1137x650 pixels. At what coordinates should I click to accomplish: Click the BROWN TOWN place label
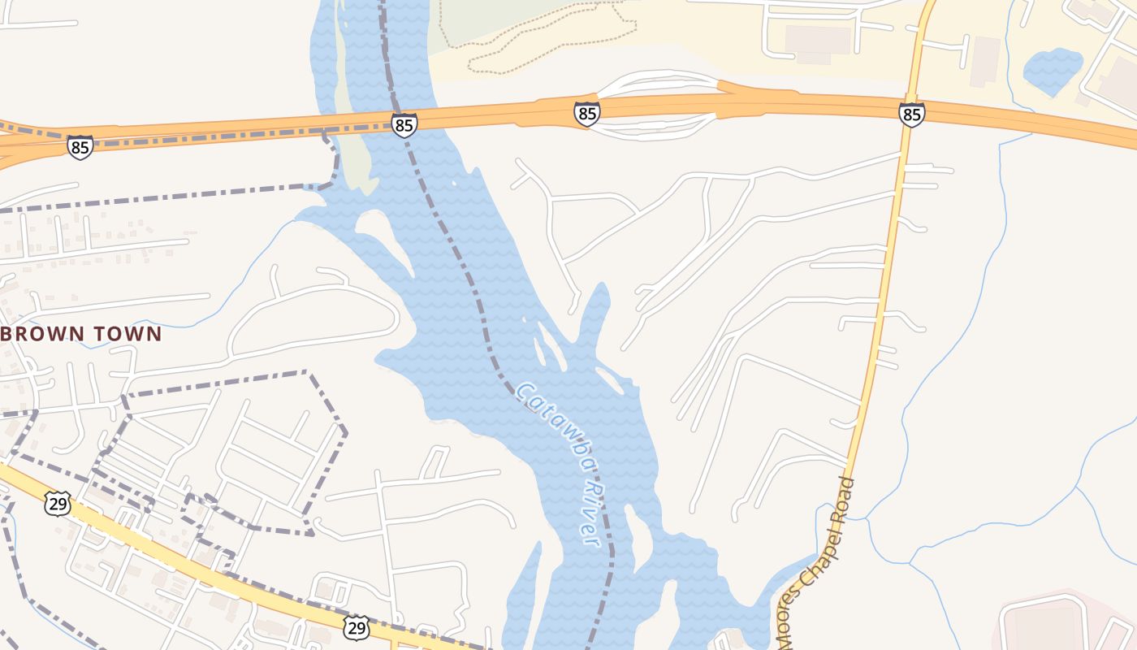click(x=81, y=334)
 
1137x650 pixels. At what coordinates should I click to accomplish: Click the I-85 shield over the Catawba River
click(x=404, y=125)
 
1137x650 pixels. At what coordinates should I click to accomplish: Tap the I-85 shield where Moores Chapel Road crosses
click(x=911, y=114)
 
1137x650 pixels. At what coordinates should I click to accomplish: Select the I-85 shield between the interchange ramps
click(x=586, y=114)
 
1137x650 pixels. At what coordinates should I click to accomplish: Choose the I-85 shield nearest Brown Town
click(x=80, y=147)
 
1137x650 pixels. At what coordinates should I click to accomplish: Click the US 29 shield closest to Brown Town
click(x=58, y=504)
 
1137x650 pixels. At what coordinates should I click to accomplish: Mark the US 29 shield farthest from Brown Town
click(x=356, y=627)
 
